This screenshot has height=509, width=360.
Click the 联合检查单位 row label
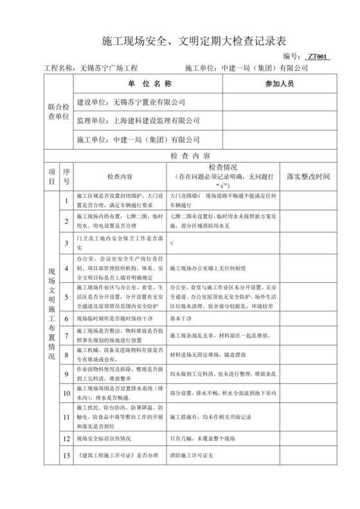click(57, 111)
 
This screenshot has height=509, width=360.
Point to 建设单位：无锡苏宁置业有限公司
click(130, 102)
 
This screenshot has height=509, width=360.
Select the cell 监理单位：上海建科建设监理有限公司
click(138, 120)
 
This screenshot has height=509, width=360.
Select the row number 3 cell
click(67, 243)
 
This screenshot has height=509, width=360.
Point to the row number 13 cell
click(67, 456)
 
